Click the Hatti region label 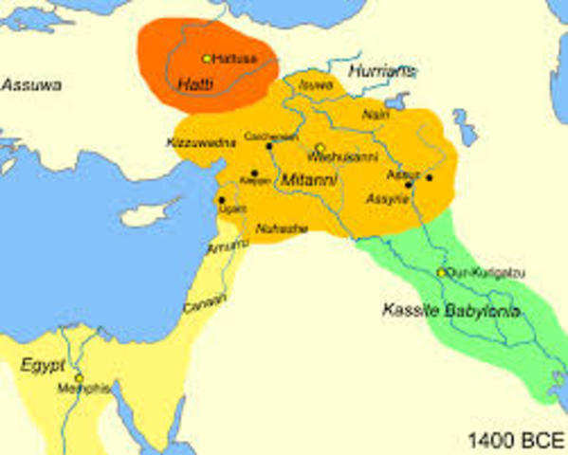[x=194, y=83]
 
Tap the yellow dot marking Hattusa [x=208, y=59]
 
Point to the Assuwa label [x=31, y=85]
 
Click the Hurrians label [x=381, y=71]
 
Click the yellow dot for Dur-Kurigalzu [x=440, y=273]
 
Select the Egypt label [x=43, y=363]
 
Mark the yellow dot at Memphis [x=80, y=378]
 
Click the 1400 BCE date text [x=514, y=440]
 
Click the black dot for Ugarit [x=221, y=200]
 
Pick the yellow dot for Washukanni [x=320, y=148]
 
